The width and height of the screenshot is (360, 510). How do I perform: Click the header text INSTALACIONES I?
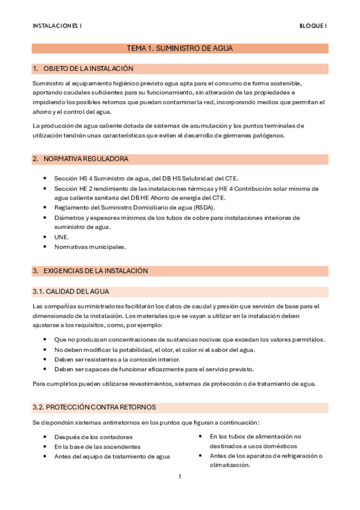[x=58, y=25]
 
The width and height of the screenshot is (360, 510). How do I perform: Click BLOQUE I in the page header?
[x=313, y=25]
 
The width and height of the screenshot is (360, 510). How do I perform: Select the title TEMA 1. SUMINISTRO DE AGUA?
[x=180, y=48]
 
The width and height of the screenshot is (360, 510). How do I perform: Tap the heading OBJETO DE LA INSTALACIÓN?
[x=88, y=69]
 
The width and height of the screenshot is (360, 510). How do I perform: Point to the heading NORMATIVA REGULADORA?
[x=85, y=159]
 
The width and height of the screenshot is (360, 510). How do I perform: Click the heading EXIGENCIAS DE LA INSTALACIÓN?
[x=96, y=271]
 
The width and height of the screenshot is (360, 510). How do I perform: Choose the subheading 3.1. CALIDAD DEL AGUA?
[x=70, y=292]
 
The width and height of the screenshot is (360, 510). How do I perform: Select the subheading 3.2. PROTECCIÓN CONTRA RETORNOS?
[x=94, y=407]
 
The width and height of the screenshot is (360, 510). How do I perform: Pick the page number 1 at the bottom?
[x=180, y=477]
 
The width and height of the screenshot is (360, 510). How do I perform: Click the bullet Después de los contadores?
[x=93, y=437]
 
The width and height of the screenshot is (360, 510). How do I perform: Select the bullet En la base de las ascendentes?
[x=97, y=446]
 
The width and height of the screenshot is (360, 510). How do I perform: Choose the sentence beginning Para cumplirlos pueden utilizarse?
[x=174, y=384]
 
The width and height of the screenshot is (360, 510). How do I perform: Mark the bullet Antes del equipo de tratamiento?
[x=112, y=456]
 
